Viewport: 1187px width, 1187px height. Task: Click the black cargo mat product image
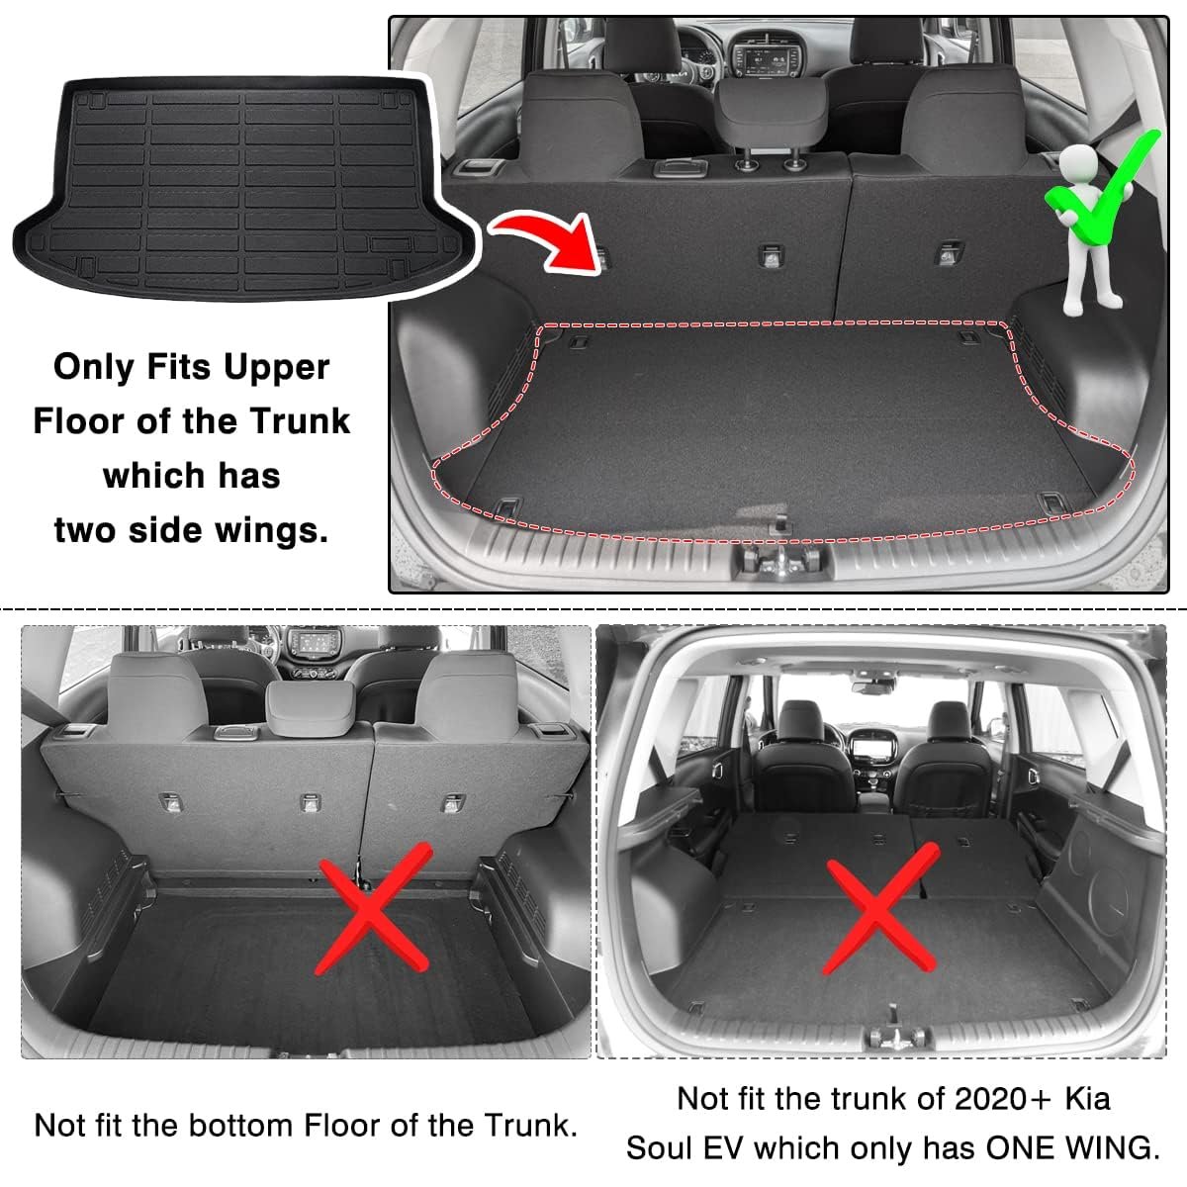[243, 188]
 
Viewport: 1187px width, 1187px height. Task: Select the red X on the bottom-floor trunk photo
[372, 909]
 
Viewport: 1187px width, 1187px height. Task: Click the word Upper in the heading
[276, 368]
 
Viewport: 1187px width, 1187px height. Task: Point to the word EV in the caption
[726, 1148]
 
